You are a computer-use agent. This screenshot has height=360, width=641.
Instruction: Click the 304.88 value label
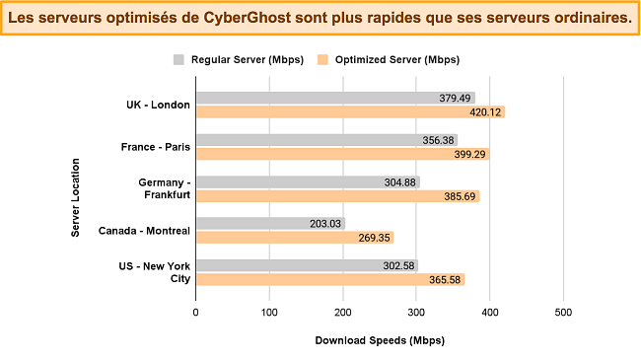[x=398, y=182]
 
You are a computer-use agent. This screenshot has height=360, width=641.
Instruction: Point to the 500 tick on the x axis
[x=563, y=312]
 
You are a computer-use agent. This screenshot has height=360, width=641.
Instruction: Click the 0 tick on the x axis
[x=196, y=312]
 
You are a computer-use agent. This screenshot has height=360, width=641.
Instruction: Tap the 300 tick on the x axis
[x=416, y=312]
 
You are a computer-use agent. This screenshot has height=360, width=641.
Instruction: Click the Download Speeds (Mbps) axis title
[x=379, y=341]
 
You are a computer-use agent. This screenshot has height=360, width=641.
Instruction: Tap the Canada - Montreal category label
[x=144, y=231]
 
